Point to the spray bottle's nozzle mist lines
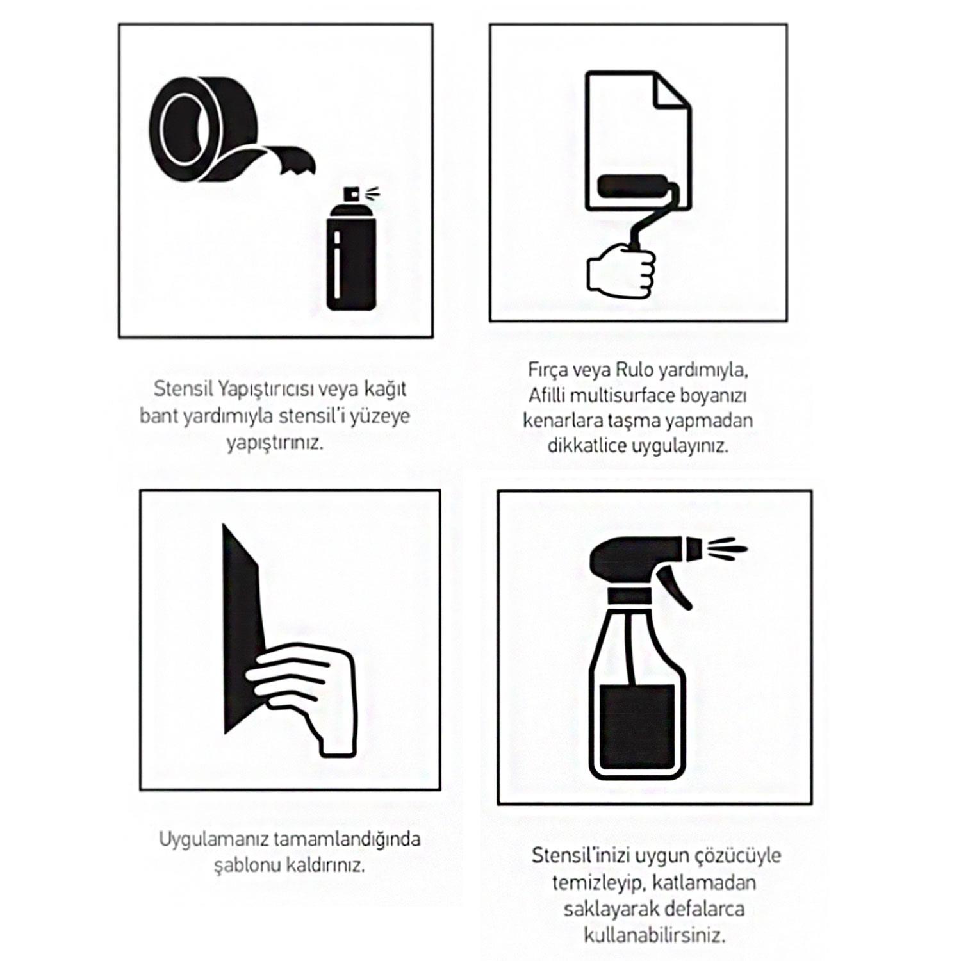(729, 549)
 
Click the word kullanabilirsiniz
(654, 935)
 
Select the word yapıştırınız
(274, 443)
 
